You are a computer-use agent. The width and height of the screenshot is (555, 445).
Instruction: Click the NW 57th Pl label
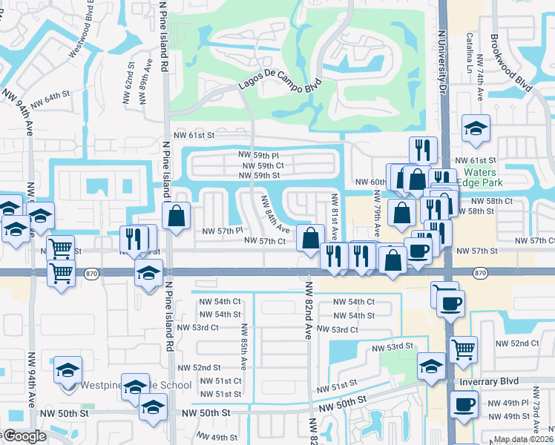[223, 231]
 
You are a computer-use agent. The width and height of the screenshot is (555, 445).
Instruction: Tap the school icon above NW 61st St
[475, 128]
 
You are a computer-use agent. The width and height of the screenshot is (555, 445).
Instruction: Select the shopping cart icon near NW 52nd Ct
[464, 347]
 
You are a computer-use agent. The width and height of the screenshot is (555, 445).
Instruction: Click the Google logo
[24, 437]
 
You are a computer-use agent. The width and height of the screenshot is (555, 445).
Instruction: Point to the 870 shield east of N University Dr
[479, 274]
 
